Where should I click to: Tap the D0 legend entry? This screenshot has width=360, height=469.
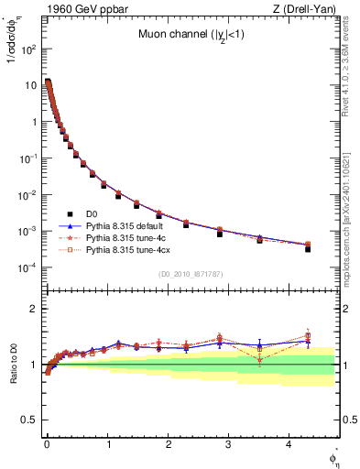pyautogui.click(x=92, y=213)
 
